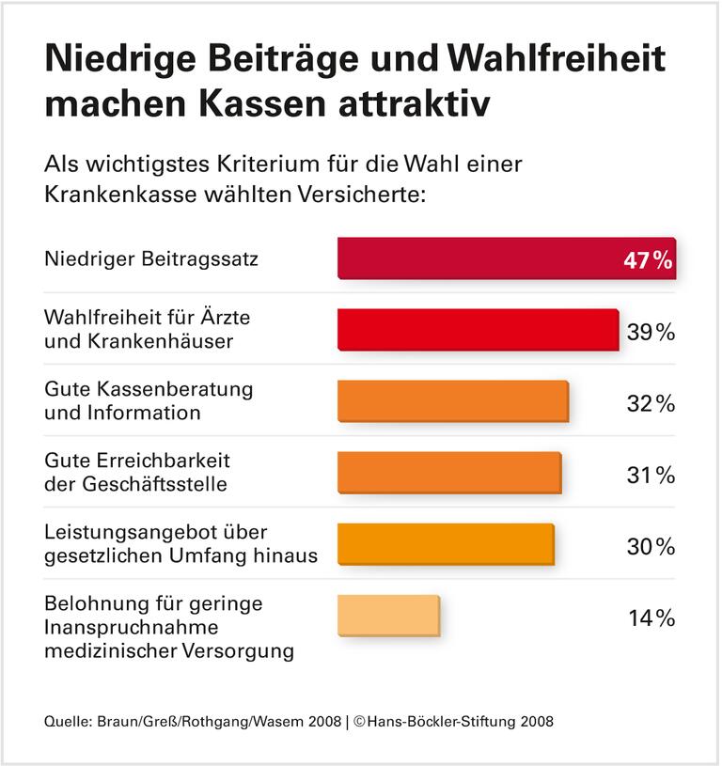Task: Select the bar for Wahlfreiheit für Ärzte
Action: (478, 330)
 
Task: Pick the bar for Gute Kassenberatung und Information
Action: (453, 401)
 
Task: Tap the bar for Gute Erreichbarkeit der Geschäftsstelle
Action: (449, 473)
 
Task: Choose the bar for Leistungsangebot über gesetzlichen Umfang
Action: (446, 544)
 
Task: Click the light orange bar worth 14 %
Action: (388, 616)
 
